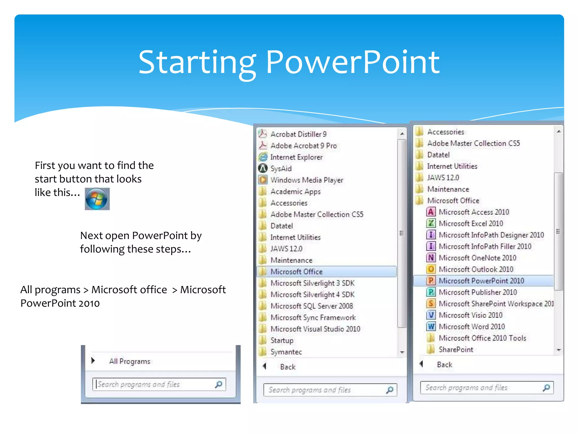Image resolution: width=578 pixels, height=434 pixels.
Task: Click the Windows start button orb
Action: tap(97, 199)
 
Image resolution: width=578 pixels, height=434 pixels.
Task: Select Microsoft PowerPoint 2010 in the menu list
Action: tap(481, 281)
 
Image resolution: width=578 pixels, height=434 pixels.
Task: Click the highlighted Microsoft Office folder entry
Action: tap(296, 272)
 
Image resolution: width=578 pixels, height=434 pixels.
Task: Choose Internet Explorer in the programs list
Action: tap(296, 157)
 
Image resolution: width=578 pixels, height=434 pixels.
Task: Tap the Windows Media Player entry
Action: tap(306, 180)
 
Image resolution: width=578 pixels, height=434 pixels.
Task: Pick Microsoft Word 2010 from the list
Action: tap(472, 327)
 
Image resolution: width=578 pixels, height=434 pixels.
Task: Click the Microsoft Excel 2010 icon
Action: tap(431, 223)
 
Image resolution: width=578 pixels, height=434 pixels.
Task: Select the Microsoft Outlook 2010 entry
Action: tap(476, 269)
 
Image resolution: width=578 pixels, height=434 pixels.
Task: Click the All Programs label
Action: tap(130, 361)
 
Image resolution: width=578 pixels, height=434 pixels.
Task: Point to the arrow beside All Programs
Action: tap(93, 361)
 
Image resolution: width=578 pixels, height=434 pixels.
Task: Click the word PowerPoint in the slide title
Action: tap(353, 62)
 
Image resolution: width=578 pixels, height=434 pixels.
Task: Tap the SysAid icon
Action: tap(263, 168)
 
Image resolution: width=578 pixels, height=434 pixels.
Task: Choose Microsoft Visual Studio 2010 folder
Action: tap(315, 329)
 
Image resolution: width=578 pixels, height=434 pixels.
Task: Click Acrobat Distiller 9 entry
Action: tap(298, 134)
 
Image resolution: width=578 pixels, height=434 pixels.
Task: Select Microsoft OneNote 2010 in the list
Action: tap(477, 258)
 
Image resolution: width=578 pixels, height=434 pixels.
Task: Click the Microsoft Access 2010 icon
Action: tap(431, 212)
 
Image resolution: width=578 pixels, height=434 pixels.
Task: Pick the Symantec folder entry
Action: tap(286, 352)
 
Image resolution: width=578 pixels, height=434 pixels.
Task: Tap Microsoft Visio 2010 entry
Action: tap(470, 315)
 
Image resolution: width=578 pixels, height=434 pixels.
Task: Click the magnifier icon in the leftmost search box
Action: tap(219, 384)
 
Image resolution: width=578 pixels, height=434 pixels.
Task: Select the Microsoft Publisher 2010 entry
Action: tap(478, 292)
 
